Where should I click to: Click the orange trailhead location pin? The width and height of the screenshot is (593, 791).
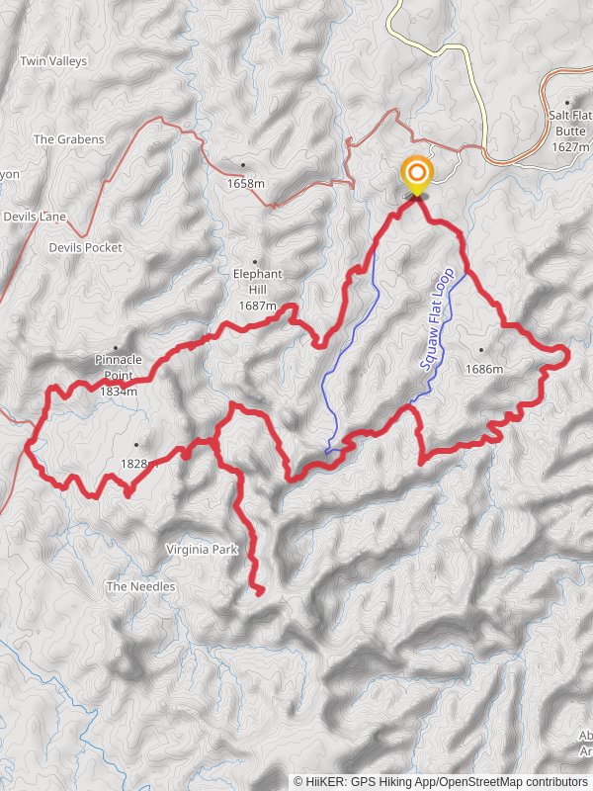[x=416, y=177]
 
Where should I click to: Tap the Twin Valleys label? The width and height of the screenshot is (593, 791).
[x=53, y=61]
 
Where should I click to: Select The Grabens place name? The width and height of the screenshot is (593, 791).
[x=68, y=140]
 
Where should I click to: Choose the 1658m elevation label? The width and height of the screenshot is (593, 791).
[x=246, y=184]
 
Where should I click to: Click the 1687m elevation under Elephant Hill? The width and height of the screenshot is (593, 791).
[x=257, y=307]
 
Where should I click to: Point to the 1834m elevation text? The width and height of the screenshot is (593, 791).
[x=118, y=392]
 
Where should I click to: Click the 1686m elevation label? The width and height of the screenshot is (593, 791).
[x=485, y=370]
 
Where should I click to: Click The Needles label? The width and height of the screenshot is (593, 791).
[x=140, y=587]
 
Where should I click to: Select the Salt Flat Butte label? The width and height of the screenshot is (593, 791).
[x=571, y=123]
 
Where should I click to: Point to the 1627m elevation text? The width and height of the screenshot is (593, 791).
[x=571, y=146]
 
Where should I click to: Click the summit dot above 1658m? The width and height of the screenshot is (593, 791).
[x=243, y=165]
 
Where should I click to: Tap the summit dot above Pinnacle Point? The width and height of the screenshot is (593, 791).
[x=116, y=348]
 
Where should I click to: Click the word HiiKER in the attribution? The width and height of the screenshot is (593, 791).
[x=325, y=781]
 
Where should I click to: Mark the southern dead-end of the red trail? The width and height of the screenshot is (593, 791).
[x=260, y=592]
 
